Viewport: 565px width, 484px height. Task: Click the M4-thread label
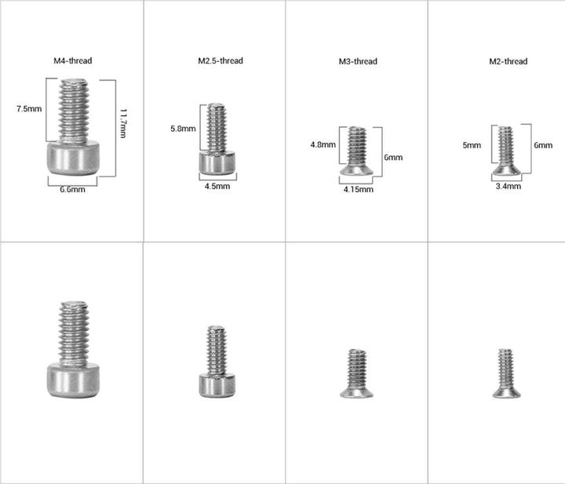pyautogui.click(x=73, y=60)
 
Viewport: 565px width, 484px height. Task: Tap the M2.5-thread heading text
pyautogui.click(x=221, y=60)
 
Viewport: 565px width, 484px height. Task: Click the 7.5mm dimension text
pyautogui.click(x=29, y=109)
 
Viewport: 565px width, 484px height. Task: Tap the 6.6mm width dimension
pyautogui.click(x=72, y=189)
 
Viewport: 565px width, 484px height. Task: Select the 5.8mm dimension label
pyautogui.click(x=183, y=128)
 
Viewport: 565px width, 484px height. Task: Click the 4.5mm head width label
pyautogui.click(x=217, y=186)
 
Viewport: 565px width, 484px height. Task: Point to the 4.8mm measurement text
pyautogui.click(x=323, y=145)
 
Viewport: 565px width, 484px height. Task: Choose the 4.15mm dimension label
pyautogui.click(x=358, y=189)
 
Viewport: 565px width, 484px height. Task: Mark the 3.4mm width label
pyautogui.click(x=508, y=186)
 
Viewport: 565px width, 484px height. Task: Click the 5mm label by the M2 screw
pyautogui.click(x=472, y=145)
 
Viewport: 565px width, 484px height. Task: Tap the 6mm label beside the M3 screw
pyautogui.click(x=393, y=157)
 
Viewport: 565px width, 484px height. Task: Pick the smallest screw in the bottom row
pyautogui.click(x=504, y=373)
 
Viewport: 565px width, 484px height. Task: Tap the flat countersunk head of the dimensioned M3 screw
pyautogui.click(x=357, y=169)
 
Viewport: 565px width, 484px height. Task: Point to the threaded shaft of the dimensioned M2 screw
pyautogui.click(x=506, y=146)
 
